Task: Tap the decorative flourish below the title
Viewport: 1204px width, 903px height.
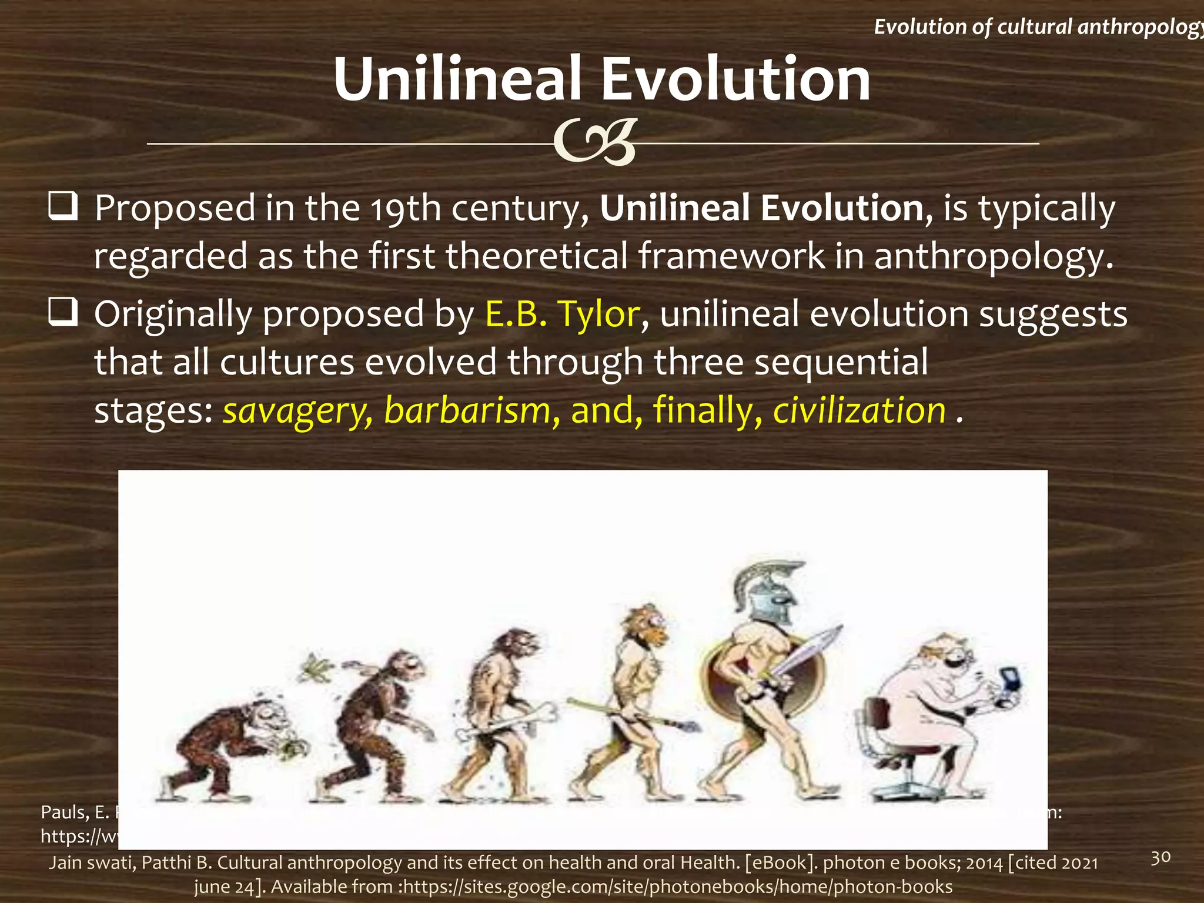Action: pos(596,143)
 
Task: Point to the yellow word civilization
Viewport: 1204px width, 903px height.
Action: pos(859,410)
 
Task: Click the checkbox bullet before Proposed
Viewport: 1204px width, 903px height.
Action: pos(63,207)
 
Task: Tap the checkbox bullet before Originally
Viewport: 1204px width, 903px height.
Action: pos(63,313)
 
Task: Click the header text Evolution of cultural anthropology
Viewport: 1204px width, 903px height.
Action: pos(1038,26)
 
